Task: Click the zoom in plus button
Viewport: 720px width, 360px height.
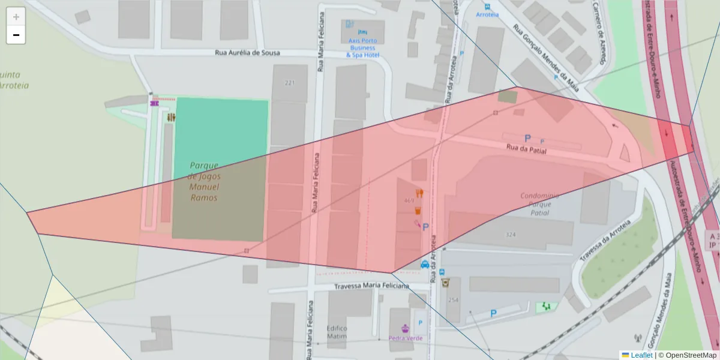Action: pyautogui.click(x=16, y=17)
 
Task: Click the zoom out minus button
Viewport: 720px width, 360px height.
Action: pyautogui.click(x=16, y=35)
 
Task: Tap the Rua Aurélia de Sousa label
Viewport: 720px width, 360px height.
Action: pyautogui.click(x=247, y=53)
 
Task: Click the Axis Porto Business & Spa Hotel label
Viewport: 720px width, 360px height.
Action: pyautogui.click(x=363, y=48)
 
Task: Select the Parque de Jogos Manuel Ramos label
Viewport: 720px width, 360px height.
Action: pyautogui.click(x=204, y=181)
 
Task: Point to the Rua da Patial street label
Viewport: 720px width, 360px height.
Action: pyautogui.click(x=526, y=149)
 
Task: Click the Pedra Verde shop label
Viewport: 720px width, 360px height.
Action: pyautogui.click(x=406, y=338)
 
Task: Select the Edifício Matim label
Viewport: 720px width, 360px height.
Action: pyautogui.click(x=337, y=332)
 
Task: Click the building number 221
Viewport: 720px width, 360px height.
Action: pyautogui.click(x=290, y=83)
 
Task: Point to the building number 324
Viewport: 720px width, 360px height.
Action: pyautogui.click(x=511, y=235)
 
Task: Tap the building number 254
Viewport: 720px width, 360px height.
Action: pyautogui.click(x=453, y=300)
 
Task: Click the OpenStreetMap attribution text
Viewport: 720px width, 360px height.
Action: pyautogui.click(x=688, y=355)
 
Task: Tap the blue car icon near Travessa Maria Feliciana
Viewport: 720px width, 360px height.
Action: pyautogui.click(x=425, y=264)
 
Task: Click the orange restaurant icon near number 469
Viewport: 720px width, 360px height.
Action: pyautogui.click(x=419, y=193)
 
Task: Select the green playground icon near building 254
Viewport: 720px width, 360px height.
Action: pyautogui.click(x=546, y=306)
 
